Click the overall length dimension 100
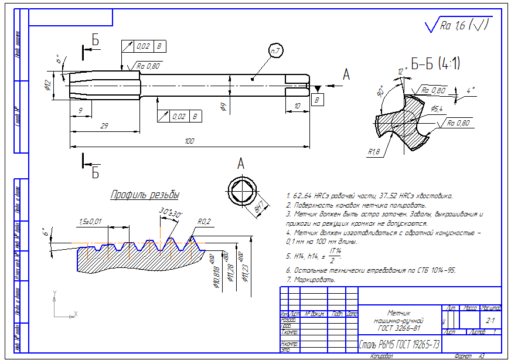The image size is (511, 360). pyautogui.click(x=189, y=141)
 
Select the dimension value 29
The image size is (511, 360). pyautogui.click(x=104, y=126)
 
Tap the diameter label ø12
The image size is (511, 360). pyautogui.click(x=49, y=86)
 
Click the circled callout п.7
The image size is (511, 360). pyautogui.click(x=275, y=52)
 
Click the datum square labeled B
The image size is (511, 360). pyautogui.click(x=318, y=101)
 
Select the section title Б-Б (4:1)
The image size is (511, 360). pyautogui.click(x=435, y=63)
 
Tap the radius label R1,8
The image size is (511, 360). pyautogui.click(x=373, y=152)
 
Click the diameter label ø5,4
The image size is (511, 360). pyautogui.click(x=437, y=108)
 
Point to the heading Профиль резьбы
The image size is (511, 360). pyautogui.click(x=145, y=195)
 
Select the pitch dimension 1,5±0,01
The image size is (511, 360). pyautogui.click(x=90, y=221)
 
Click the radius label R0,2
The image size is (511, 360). pyautogui.click(x=204, y=222)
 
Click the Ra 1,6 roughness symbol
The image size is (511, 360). pyautogui.click(x=458, y=25)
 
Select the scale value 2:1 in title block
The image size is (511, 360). pyautogui.click(x=490, y=321)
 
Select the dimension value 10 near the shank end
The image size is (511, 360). pyautogui.click(x=297, y=106)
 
